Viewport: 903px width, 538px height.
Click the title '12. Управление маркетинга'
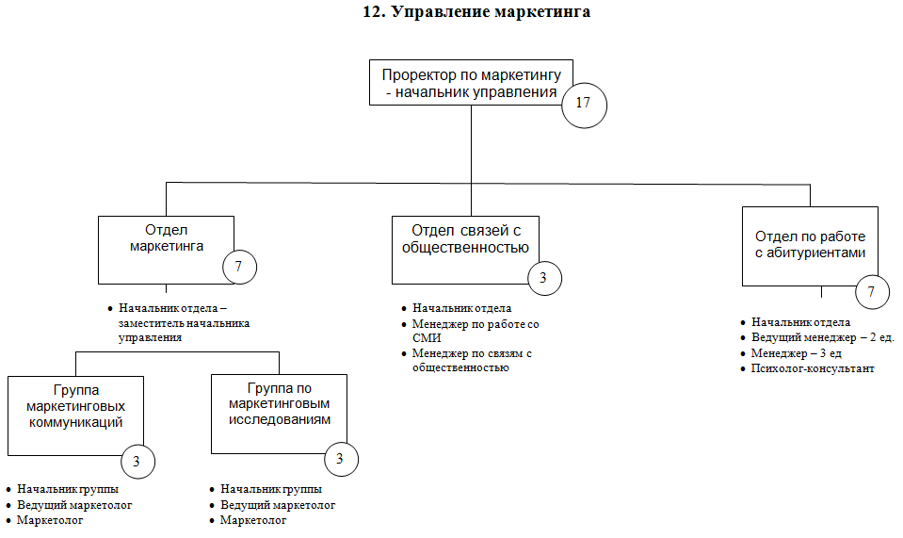(476, 13)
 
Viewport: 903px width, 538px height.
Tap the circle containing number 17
(583, 103)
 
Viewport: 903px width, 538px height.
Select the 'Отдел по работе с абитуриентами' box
(810, 244)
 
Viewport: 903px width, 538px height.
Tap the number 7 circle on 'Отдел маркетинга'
(238, 267)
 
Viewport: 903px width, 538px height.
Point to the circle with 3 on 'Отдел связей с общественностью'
(543, 278)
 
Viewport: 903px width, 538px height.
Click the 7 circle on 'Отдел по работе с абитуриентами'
(871, 292)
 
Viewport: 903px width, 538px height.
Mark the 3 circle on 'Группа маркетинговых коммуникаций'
(137, 462)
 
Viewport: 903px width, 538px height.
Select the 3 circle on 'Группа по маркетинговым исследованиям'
(340, 458)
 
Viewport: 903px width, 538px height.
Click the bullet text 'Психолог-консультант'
(813, 368)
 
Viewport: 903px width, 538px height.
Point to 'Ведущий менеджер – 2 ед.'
(822, 338)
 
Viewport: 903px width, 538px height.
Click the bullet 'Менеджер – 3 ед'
(796, 353)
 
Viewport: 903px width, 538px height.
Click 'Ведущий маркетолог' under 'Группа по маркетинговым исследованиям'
(278, 505)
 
